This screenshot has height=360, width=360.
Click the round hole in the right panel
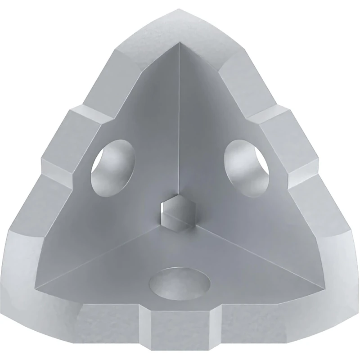(246, 167)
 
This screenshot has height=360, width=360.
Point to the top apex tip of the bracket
(180, 11)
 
